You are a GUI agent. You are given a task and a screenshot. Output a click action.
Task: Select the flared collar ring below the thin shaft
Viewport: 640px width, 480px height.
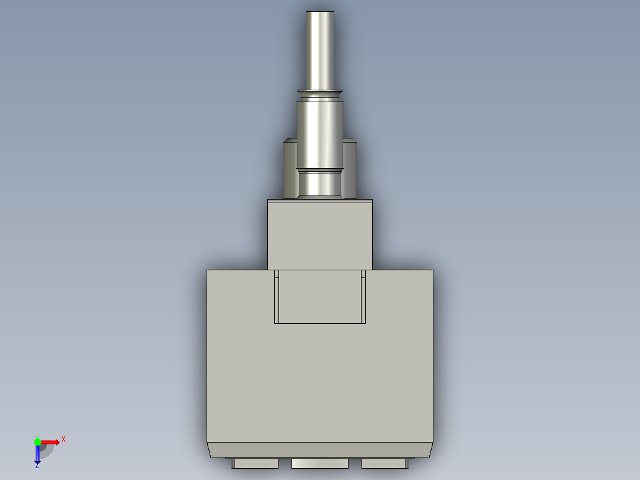320,92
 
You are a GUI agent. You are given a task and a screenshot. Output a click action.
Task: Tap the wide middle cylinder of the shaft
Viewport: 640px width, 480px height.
320,134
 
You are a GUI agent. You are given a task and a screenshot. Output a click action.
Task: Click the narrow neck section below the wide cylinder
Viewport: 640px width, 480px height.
320,183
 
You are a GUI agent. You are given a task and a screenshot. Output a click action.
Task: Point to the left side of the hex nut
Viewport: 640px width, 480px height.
290,169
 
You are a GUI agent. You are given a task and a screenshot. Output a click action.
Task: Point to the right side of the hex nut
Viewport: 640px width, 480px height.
350,169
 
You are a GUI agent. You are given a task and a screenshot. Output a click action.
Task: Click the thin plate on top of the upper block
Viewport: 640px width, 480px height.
320,201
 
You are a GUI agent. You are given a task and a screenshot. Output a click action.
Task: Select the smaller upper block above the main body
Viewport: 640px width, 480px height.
320,236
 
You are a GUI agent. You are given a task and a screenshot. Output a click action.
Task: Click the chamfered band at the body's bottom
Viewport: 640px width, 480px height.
320,450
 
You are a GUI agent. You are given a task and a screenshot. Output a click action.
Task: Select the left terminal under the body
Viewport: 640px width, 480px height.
256,463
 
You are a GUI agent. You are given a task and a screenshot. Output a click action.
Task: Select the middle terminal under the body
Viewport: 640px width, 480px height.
320,463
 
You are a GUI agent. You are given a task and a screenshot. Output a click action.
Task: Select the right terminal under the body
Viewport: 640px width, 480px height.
384,463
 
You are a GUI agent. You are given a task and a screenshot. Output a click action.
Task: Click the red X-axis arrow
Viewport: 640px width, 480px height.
50,441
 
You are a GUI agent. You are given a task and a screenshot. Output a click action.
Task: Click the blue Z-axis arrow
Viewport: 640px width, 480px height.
37,454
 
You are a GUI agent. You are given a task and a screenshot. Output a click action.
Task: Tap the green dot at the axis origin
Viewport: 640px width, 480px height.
37,441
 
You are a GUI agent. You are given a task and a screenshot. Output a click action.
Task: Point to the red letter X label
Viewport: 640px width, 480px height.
64,440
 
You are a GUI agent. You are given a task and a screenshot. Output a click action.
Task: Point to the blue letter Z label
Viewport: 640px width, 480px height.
37,466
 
